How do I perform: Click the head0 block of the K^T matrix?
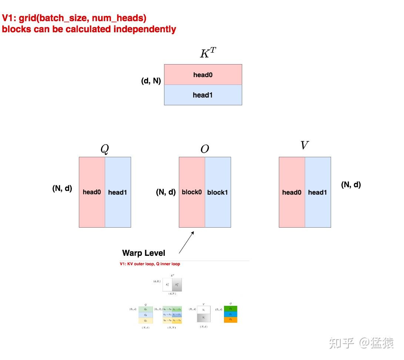point(203,75)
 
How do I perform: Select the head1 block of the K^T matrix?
point(203,95)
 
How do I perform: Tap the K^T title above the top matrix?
point(207,53)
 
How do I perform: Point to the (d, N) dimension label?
point(151,81)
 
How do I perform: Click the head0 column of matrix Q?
point(92,192)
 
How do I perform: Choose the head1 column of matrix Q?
point(118,192)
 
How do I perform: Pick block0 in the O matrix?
point(192,192)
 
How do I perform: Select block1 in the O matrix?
point(218,192)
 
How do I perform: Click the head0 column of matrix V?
point(292,192)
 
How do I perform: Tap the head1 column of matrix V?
point(318,192)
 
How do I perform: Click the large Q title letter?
point(105,149)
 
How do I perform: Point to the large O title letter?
point(205,149)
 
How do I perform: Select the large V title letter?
point(304,145)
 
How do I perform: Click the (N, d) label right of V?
point(351,184)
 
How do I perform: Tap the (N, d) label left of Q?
point(62,188)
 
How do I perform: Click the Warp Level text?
point(144,253)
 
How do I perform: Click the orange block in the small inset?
point(231,319)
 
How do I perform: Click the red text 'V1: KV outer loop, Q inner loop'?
point(150,264)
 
